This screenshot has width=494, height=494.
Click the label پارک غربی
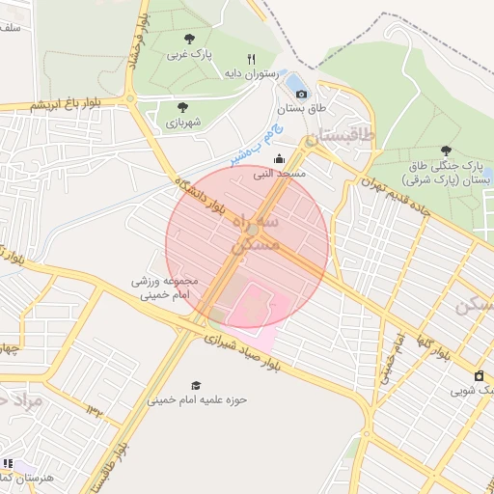tap(189, 54)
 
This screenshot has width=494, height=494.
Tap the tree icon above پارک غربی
tap(189, 40)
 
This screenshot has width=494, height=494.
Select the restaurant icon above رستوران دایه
tap(251, 59)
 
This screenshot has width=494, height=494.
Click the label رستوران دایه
tap(251, 73)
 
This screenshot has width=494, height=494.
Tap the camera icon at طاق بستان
tap(302, 94)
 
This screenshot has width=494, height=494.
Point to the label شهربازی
tap(183, 123)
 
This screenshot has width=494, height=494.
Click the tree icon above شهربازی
tap(183, 108)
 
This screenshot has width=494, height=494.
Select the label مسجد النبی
tap(280, 175)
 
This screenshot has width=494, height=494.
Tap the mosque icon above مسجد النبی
tap(280, 160)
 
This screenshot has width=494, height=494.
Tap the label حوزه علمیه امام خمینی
tap(197, 399)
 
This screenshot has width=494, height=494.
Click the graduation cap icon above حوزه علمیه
tap(197, 385)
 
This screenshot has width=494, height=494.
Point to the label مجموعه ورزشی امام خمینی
tap(162, 287)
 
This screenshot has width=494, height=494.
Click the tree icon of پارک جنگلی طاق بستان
tap(445, 151)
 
